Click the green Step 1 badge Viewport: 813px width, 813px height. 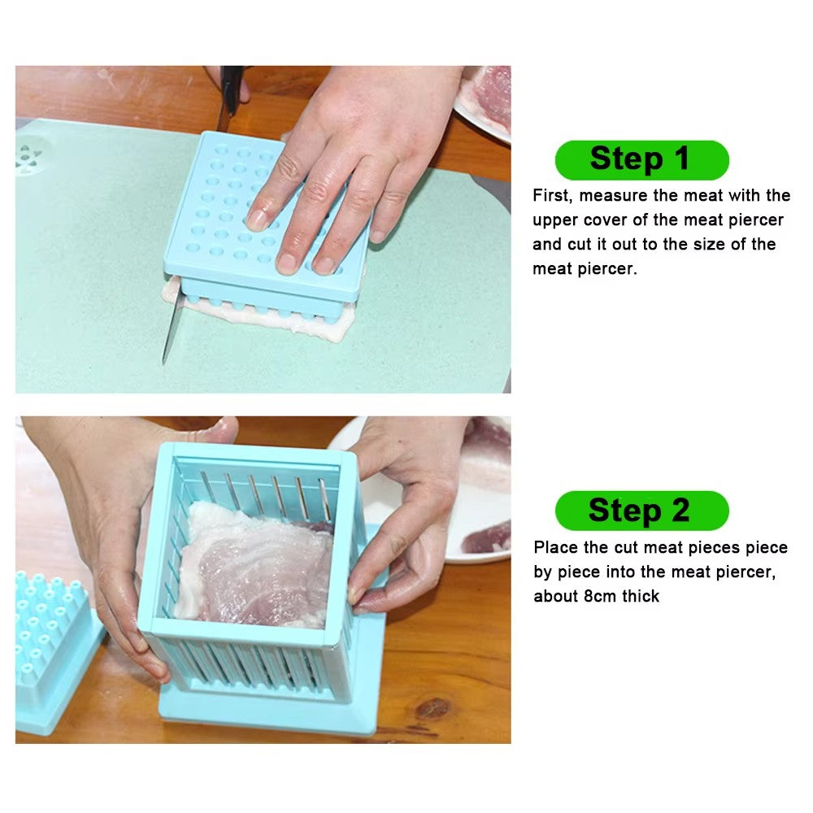[641, 160]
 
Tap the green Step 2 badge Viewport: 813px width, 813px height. [641, 511]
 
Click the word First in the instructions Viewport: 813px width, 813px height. [551, 196]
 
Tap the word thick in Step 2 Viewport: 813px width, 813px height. [641, 596]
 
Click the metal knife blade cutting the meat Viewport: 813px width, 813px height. [167, 329]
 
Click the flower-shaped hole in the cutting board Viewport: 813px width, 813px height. [30, 156]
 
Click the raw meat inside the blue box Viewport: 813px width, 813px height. [256, 565]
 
